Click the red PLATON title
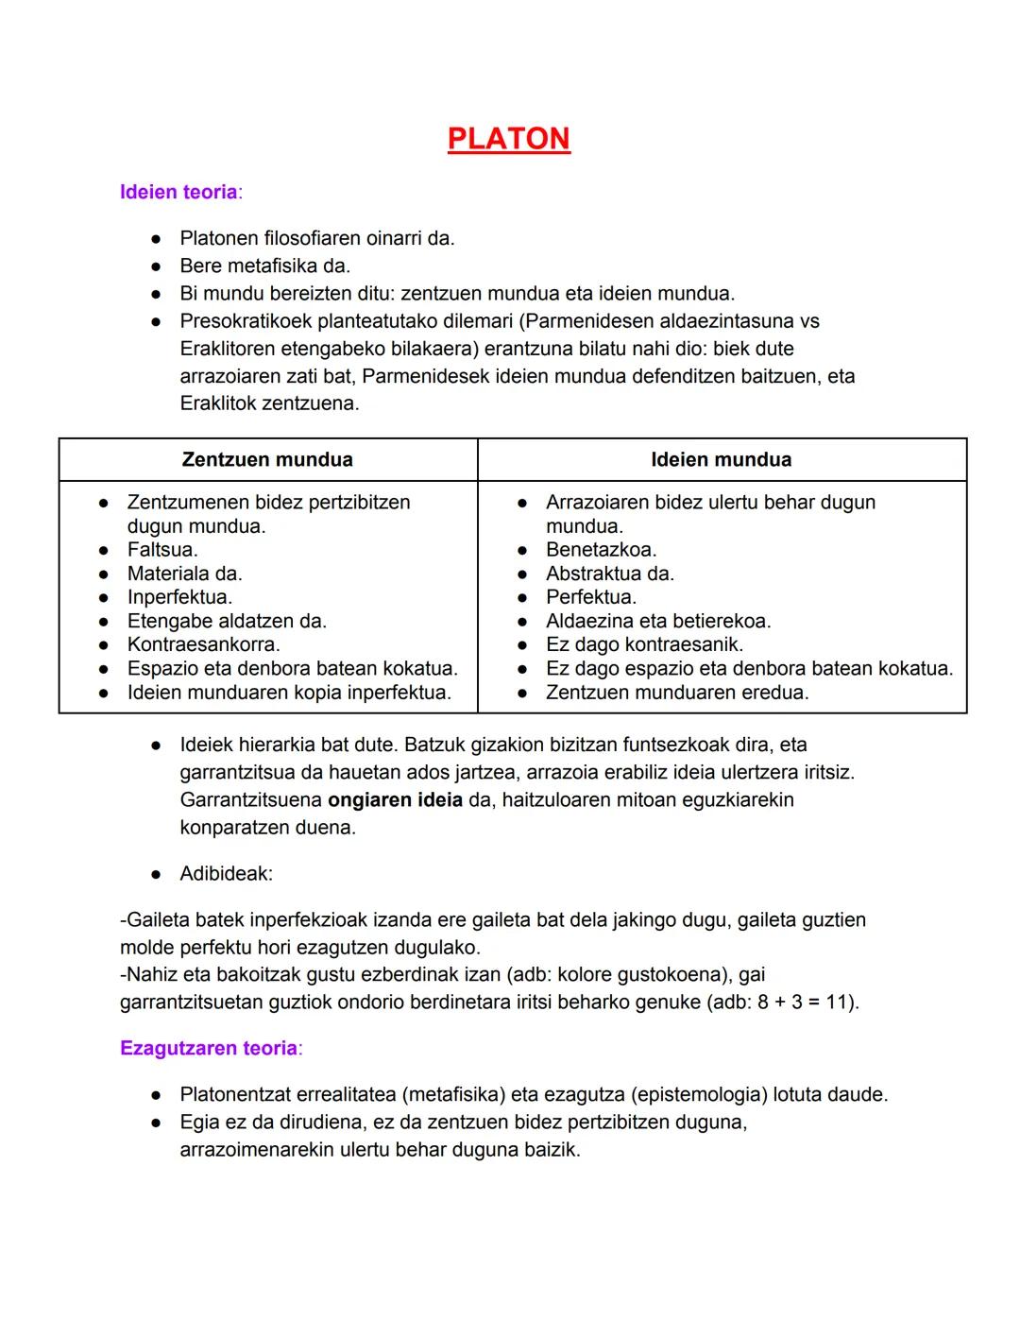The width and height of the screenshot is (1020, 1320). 508,139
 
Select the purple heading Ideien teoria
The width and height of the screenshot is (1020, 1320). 178,192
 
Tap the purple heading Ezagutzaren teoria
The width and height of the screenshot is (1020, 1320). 209,1048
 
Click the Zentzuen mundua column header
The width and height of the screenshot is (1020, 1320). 267,459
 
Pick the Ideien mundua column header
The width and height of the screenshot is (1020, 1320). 721,459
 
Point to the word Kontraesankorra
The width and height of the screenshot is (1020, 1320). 203,644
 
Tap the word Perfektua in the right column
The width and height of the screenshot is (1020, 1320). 591,597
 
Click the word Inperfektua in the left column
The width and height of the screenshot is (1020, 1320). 179,597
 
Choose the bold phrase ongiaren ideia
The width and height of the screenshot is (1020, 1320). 395,799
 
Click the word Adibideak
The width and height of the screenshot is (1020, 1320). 226,873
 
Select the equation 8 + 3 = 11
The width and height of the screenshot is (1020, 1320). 805,1002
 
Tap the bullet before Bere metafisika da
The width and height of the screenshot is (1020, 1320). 157,266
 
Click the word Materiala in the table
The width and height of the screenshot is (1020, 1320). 168,574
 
